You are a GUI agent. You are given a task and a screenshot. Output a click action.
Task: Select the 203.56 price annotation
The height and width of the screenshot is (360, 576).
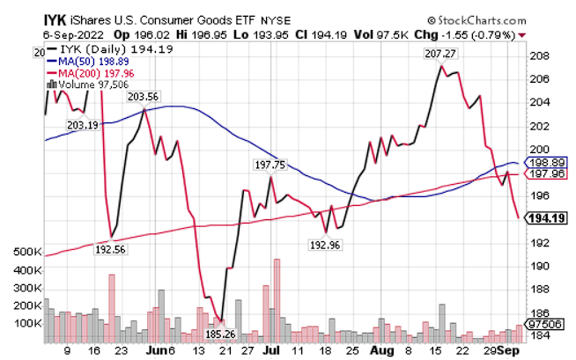tap(142, 97)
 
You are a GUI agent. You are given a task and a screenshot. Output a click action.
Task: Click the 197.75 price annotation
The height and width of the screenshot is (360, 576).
tap(270, 164)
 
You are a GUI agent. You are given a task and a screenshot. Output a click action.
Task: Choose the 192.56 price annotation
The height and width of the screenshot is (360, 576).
tap(113, 249)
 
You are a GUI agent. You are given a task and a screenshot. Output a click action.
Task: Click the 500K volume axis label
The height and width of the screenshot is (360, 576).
tap(27, 252)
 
